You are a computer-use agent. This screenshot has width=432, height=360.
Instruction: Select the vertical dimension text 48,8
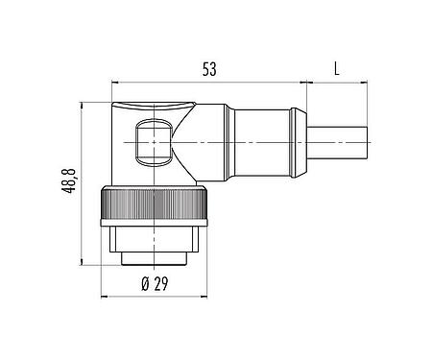coord(67,182)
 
